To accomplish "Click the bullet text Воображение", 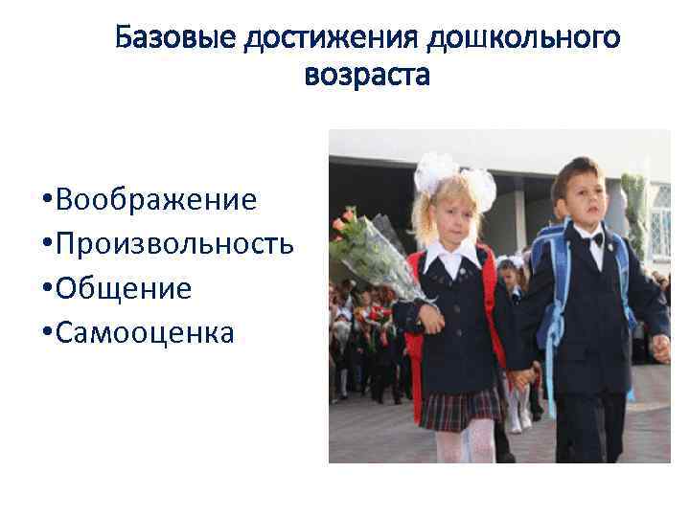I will [156, 199].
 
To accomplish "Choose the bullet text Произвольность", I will [174, 243].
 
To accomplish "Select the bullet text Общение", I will [124, 288].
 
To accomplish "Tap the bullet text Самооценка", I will [145, 332].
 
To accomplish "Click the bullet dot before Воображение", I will [47, 201].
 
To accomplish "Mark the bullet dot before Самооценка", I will [47, 334].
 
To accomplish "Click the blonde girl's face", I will [448, 216].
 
